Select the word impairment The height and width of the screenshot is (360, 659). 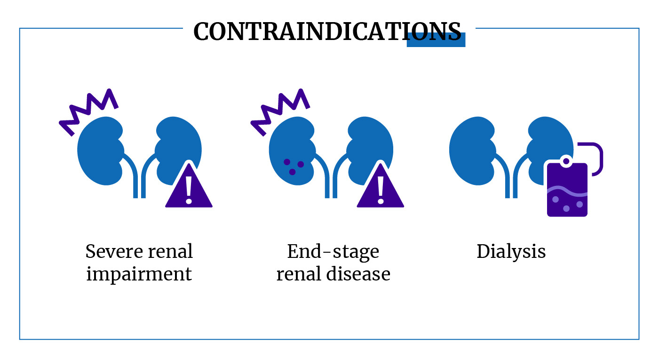(139, 274)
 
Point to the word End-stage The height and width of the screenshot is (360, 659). (333, 251)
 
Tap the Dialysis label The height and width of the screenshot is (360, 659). (511, 251)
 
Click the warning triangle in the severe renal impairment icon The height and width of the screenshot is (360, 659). (189, 189)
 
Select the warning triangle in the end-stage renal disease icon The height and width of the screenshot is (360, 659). (380, 189)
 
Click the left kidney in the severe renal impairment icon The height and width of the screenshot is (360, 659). (99, 151)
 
